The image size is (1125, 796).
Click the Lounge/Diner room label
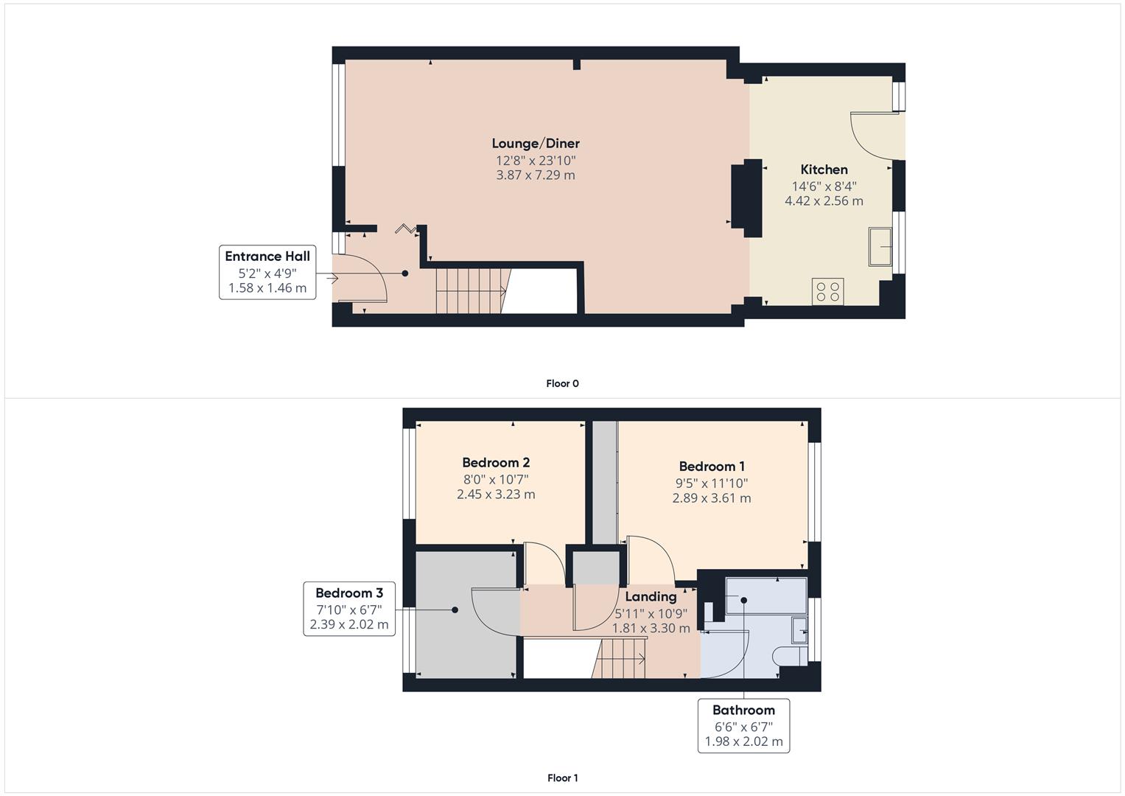536,144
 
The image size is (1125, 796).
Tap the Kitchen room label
824,170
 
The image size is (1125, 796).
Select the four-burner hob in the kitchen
827,291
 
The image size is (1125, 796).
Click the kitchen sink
880,247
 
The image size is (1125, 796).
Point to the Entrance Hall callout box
267,273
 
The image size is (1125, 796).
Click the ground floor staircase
473,291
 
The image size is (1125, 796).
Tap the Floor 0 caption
563,383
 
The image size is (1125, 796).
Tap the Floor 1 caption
563,778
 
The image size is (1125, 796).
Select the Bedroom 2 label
496,462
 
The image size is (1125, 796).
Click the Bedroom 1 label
712,467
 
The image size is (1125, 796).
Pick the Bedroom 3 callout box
349,609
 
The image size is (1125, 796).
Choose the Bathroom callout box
743,726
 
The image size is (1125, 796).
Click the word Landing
651,596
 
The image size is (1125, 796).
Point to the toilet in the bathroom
790,655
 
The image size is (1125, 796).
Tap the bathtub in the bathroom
766,596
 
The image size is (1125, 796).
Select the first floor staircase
620,658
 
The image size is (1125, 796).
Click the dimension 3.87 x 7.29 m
536,175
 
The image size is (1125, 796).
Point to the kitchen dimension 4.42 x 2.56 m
824,201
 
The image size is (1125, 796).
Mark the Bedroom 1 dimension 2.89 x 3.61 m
712,498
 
